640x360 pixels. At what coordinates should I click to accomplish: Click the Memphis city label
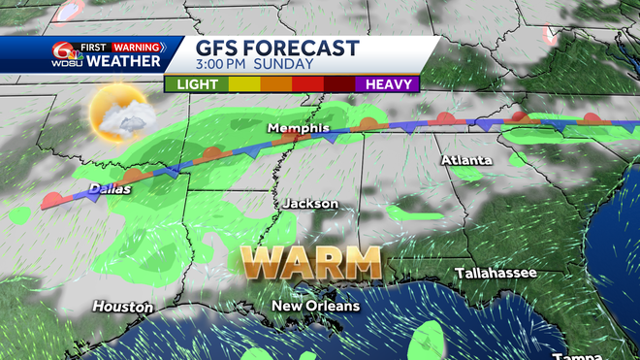(x=299, y=128)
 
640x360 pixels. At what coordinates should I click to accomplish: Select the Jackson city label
(x=310, y=204)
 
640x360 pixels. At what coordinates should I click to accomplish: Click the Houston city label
(x=122, y=307)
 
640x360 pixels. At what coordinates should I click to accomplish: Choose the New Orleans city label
(x=315, y=307)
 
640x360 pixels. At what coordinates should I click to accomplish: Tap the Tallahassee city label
(x=496, y=274)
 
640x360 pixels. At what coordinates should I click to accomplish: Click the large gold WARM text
(x=310, y=261)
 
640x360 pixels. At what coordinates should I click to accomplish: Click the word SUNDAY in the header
(x=286, y=65)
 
